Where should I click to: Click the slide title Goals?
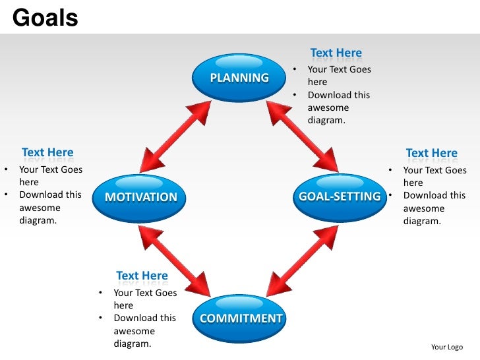point(45,18)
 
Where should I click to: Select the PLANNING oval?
point(239,78)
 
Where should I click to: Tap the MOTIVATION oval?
point(141,196)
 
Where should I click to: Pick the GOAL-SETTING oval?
point(340,196)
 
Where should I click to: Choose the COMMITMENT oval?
point(241,318)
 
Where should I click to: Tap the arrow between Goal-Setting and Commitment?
point(303,258)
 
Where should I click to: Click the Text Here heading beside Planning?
point(336,53)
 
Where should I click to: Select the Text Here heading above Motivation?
point(47,153)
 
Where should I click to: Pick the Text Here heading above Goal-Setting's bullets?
point(431,154)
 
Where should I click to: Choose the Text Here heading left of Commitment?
point(142,276)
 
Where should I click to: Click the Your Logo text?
point(447,347)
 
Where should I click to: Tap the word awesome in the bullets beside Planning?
point(328,107)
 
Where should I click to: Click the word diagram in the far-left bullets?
point(38,221)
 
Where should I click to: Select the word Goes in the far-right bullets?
point(455,170)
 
